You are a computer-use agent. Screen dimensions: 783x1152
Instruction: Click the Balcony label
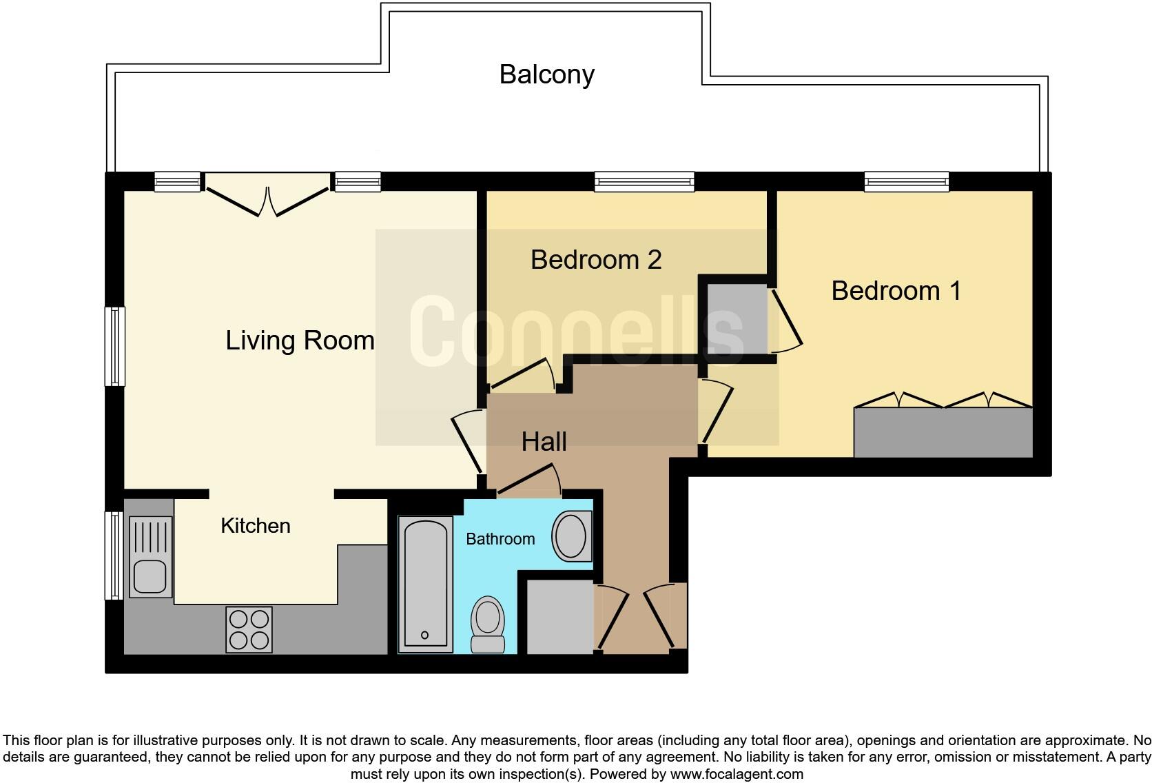[x=546, y=74]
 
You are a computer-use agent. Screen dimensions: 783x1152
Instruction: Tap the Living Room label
[x=300, y=340]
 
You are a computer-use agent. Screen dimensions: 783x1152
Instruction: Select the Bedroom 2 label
[x=596, y=260]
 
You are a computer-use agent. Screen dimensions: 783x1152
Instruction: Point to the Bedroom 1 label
[x=896, y=291]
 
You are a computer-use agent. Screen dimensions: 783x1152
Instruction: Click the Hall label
[x=544, y=442]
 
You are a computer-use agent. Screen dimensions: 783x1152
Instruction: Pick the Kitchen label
[x=255, y=526]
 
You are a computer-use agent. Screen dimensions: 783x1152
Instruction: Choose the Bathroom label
[x=500, y=539]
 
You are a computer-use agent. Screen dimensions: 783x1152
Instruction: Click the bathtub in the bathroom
[x=425, y=583]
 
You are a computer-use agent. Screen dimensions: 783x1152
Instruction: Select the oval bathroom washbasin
[x=571, y=536]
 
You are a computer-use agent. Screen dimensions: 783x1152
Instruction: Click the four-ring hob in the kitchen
[x=249, y=629]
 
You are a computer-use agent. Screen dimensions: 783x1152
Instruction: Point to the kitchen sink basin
[x=150, y=576]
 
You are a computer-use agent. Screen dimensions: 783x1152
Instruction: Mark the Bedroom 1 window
[x=906, y=181]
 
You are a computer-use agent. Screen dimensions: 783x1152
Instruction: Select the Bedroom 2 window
[x=644, y=181]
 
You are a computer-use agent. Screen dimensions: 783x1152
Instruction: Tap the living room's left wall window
[x=114, y=346]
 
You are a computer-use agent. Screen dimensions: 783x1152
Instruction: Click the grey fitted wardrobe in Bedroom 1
[x=943, y=432]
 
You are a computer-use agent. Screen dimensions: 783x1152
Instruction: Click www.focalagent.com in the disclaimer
[x=736, y=774]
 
